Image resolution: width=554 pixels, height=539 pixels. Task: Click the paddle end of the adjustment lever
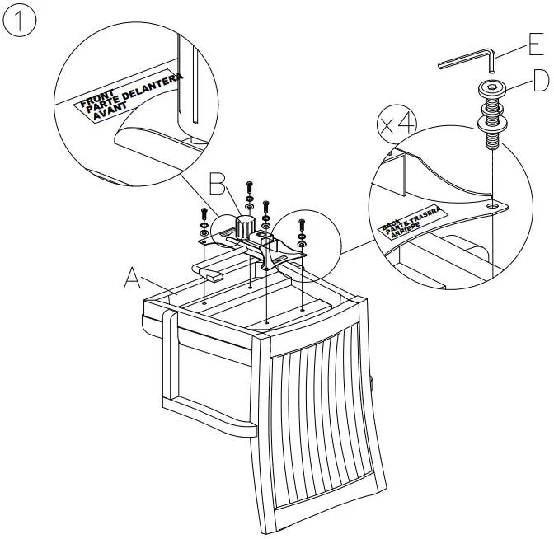coord(213,278)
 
